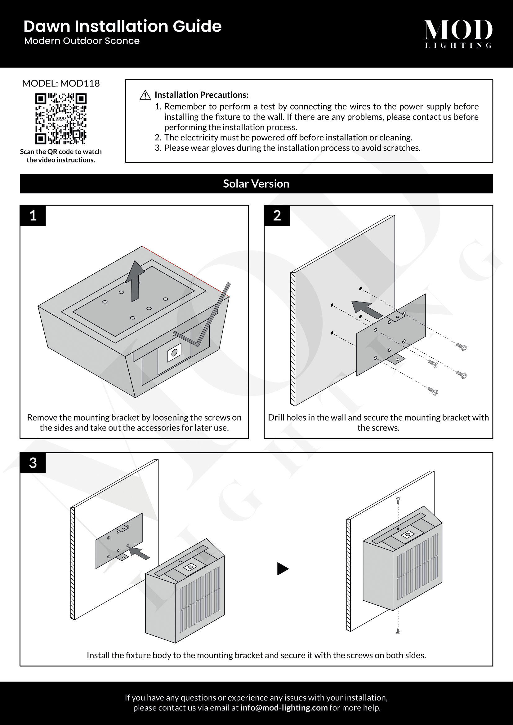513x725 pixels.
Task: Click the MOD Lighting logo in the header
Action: point(458,33)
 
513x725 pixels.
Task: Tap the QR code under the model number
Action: point(61,118)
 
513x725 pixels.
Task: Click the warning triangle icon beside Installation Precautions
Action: point(145,95)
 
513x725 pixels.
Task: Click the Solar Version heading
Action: point(256,184)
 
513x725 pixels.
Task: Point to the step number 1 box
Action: point(33,216)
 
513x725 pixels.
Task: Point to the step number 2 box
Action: point(277,216)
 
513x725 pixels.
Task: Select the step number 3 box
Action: point(33,463)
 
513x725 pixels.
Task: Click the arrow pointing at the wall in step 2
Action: point(366,309)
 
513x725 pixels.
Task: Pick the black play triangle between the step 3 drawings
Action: point(283,569)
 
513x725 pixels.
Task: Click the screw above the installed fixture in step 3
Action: point(398,500)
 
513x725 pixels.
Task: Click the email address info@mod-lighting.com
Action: point(284,708)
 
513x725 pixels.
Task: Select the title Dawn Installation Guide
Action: point(123,26)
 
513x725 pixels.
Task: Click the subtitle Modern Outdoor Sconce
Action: point(82,41)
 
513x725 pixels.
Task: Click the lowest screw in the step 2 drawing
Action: point(433,391)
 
